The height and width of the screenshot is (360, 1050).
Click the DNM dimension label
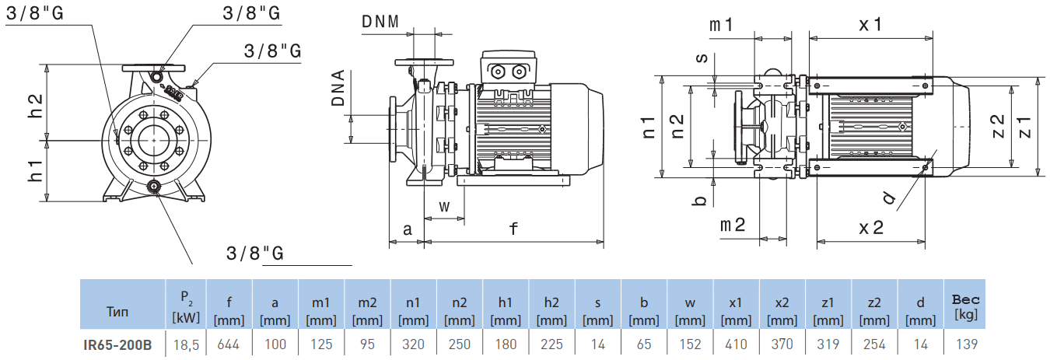click(380, 21)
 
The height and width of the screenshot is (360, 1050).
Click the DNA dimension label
click(339, 87)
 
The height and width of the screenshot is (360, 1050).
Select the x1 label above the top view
click(870, 24)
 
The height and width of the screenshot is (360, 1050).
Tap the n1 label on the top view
click(649, 127)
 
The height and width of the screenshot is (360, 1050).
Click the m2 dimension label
click(732, 225)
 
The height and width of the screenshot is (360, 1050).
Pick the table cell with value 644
click(229, 344)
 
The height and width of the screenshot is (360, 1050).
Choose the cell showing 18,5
click(186, 344)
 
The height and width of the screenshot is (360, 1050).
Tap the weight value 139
click(966, 344)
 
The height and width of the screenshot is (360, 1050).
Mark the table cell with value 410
click(736, 344)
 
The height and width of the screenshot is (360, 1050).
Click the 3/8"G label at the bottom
click(254, 253)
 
